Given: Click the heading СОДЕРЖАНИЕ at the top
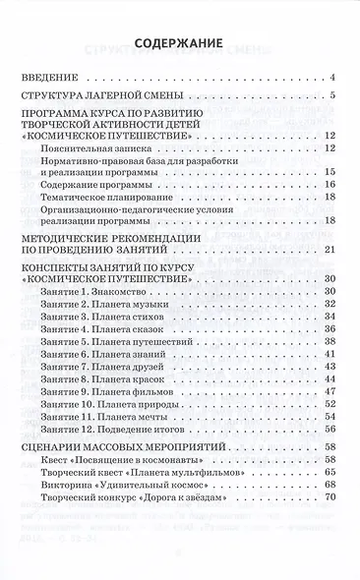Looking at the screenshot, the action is pyautogui.click(x=180, y=42).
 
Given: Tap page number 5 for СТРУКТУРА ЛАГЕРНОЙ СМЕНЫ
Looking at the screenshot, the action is pyautogui.click(x=334, y=96).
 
